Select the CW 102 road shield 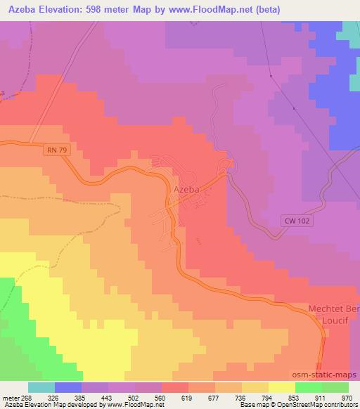click(x=299, y=220)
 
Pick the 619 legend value click(x=174, y=397)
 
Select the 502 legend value click(x=122, y=397)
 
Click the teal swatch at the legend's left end click(x=41, y=387)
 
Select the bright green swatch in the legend click(x=309, y=387)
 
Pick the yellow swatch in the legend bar click(x=282, y=387)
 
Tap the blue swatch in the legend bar click(x=68, y=387)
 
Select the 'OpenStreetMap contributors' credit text click(x=316, y=405)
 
